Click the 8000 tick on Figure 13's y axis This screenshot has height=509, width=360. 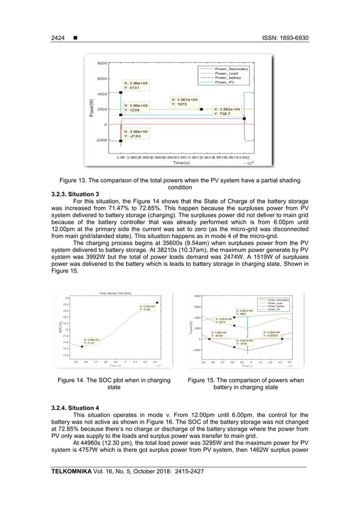click(x=102, y=63)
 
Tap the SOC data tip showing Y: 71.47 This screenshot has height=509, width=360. click(x=91, y=341)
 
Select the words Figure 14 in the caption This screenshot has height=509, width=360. click(x=74, y=380)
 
